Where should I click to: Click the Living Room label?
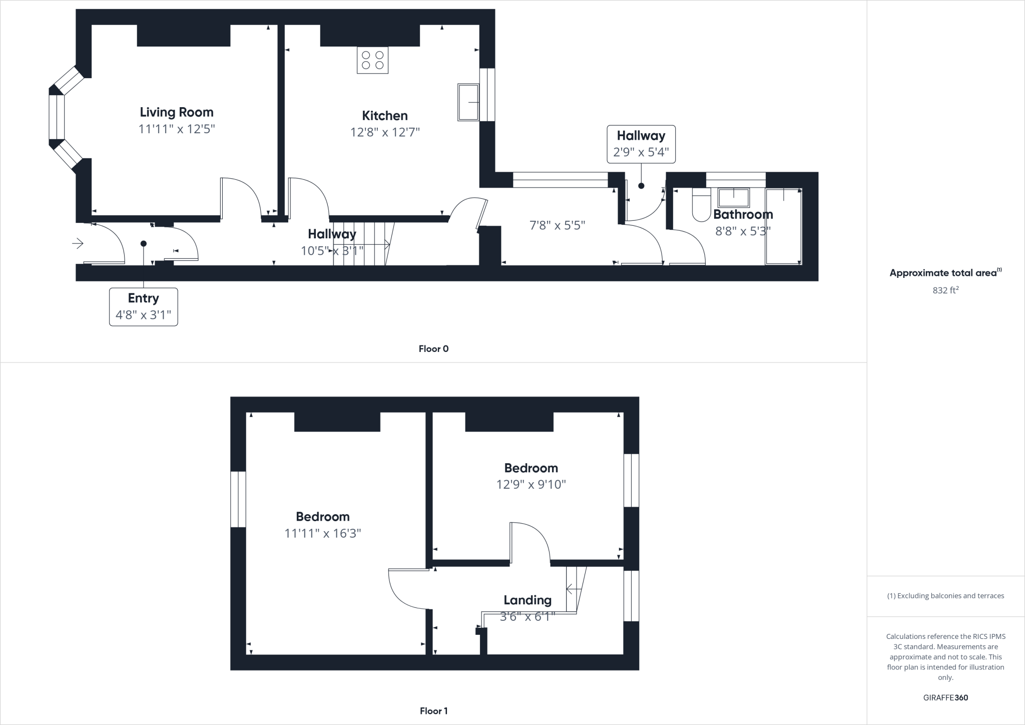[176, 112]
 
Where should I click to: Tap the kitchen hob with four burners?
[372, 60]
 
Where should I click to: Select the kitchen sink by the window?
[468, 102]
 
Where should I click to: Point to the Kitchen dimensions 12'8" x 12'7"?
[384, 132]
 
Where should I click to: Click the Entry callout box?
[143, 306]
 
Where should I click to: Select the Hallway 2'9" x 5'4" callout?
[641, 144]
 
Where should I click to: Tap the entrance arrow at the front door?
[78, 244]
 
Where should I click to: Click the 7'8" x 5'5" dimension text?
[557, 225]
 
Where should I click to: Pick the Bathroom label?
[743, 214]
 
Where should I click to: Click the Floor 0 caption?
[433, 349]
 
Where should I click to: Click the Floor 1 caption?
[433, 710]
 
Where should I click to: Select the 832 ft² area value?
[945, 290]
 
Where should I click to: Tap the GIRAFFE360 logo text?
[945, 697]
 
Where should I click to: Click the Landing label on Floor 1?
[528, 600]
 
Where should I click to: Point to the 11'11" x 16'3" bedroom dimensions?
[322, 533]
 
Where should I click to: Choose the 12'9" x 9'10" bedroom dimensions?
[531, 484]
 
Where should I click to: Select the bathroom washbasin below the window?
[734, 198]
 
